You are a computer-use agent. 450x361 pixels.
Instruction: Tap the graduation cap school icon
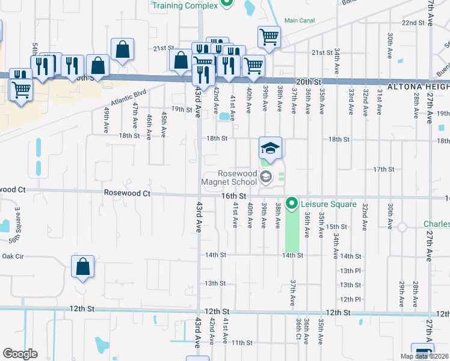click(x=270, y=148)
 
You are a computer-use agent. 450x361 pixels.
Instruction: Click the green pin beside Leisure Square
click(x=292, y=204)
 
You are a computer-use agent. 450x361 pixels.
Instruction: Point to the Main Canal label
click(x=299, y=20)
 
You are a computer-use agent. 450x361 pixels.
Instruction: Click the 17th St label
click(x=383, y=170)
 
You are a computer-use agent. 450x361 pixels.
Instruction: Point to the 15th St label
click(x=335, y=226)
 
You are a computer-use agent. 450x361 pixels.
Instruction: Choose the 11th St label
click(x=241, y=343)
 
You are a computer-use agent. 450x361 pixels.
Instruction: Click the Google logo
click(x=20, y=354)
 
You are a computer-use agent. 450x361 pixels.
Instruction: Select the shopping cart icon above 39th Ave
click(x=269, y=37)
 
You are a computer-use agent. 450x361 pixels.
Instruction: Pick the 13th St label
click(x=215, y=283)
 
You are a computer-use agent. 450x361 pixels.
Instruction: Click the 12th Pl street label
click(x=350, y=299)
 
